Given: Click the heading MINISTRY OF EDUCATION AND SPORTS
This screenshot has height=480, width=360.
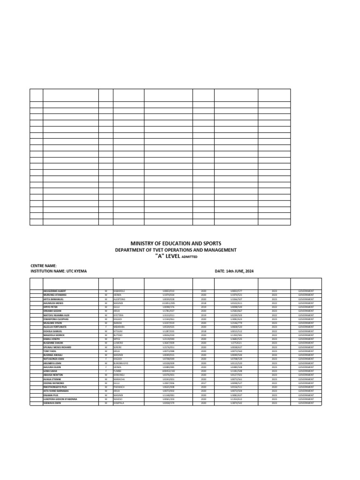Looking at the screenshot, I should point(176,243).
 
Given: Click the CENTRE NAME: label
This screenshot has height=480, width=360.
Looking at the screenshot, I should point(44,265).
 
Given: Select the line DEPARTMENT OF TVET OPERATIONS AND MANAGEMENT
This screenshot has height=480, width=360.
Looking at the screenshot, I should point(176,250).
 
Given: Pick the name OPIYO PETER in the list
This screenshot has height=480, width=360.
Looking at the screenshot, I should point(51,307).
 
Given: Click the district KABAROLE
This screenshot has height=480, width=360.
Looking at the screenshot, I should point(120,291).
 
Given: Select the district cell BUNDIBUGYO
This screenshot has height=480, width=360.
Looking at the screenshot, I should point(121,363).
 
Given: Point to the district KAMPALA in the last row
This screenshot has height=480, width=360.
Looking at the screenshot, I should point(120,403).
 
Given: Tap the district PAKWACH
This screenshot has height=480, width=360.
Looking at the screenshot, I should point(120,387).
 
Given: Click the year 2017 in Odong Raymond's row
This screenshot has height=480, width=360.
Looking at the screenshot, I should point(203,383).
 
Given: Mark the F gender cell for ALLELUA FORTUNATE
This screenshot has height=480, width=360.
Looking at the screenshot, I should point(106,327).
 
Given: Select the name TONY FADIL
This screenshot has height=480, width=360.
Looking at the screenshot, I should point(50,351).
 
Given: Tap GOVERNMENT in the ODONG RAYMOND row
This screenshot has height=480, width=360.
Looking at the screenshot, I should point(307,383).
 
